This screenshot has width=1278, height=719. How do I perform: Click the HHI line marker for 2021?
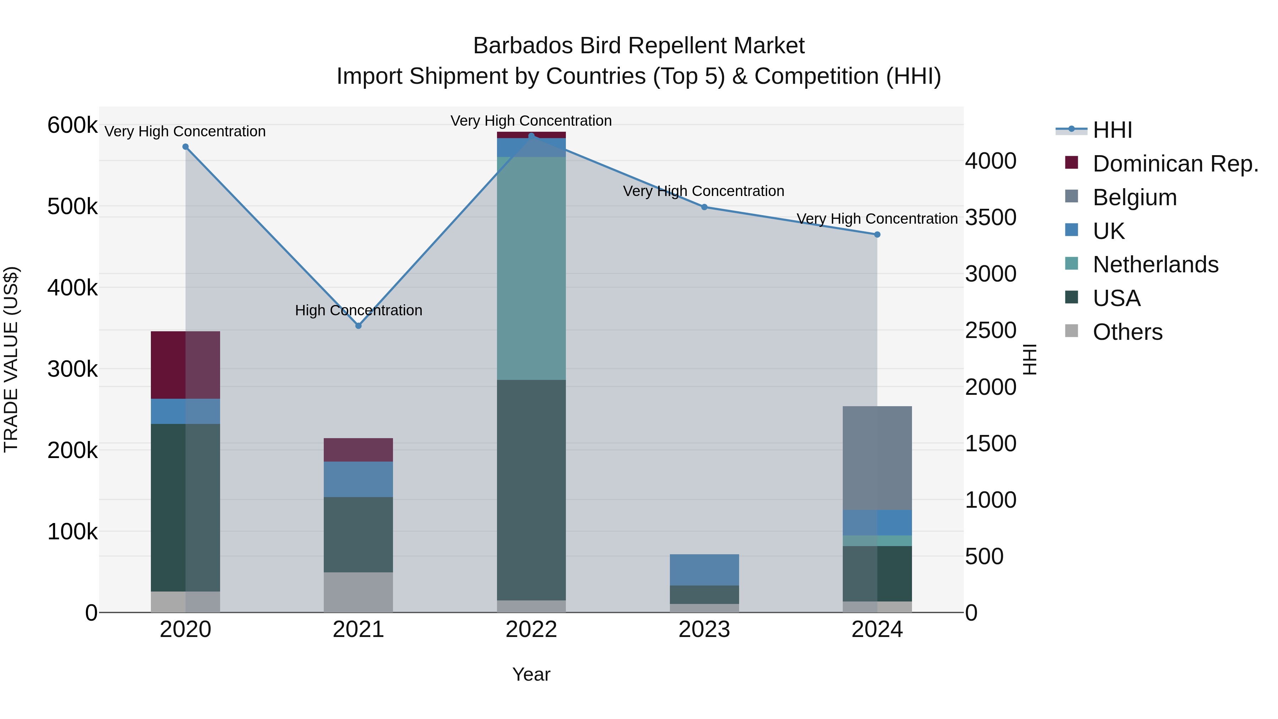tap(358, 326)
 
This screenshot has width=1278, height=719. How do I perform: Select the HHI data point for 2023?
tap(704, 207)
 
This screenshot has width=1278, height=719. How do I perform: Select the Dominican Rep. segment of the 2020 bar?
tap(185, 365)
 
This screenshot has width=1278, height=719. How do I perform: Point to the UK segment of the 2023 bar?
tap(704, 570)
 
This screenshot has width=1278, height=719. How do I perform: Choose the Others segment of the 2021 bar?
tap(358, 592)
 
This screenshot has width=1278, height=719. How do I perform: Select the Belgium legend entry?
tap(1134, 197)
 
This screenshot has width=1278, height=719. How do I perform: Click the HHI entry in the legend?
tap(1112, 130)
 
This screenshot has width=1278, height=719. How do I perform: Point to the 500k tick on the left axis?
tap(72, 206)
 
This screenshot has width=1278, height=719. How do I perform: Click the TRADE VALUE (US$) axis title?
tap(11, 359)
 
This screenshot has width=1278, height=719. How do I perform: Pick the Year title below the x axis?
tap(531, 674)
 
